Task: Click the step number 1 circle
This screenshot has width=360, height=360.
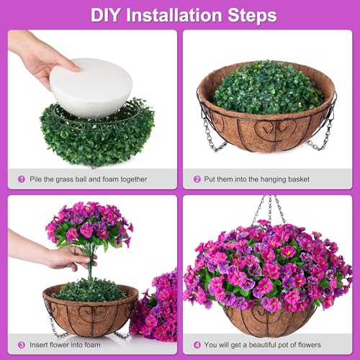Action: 22,179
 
